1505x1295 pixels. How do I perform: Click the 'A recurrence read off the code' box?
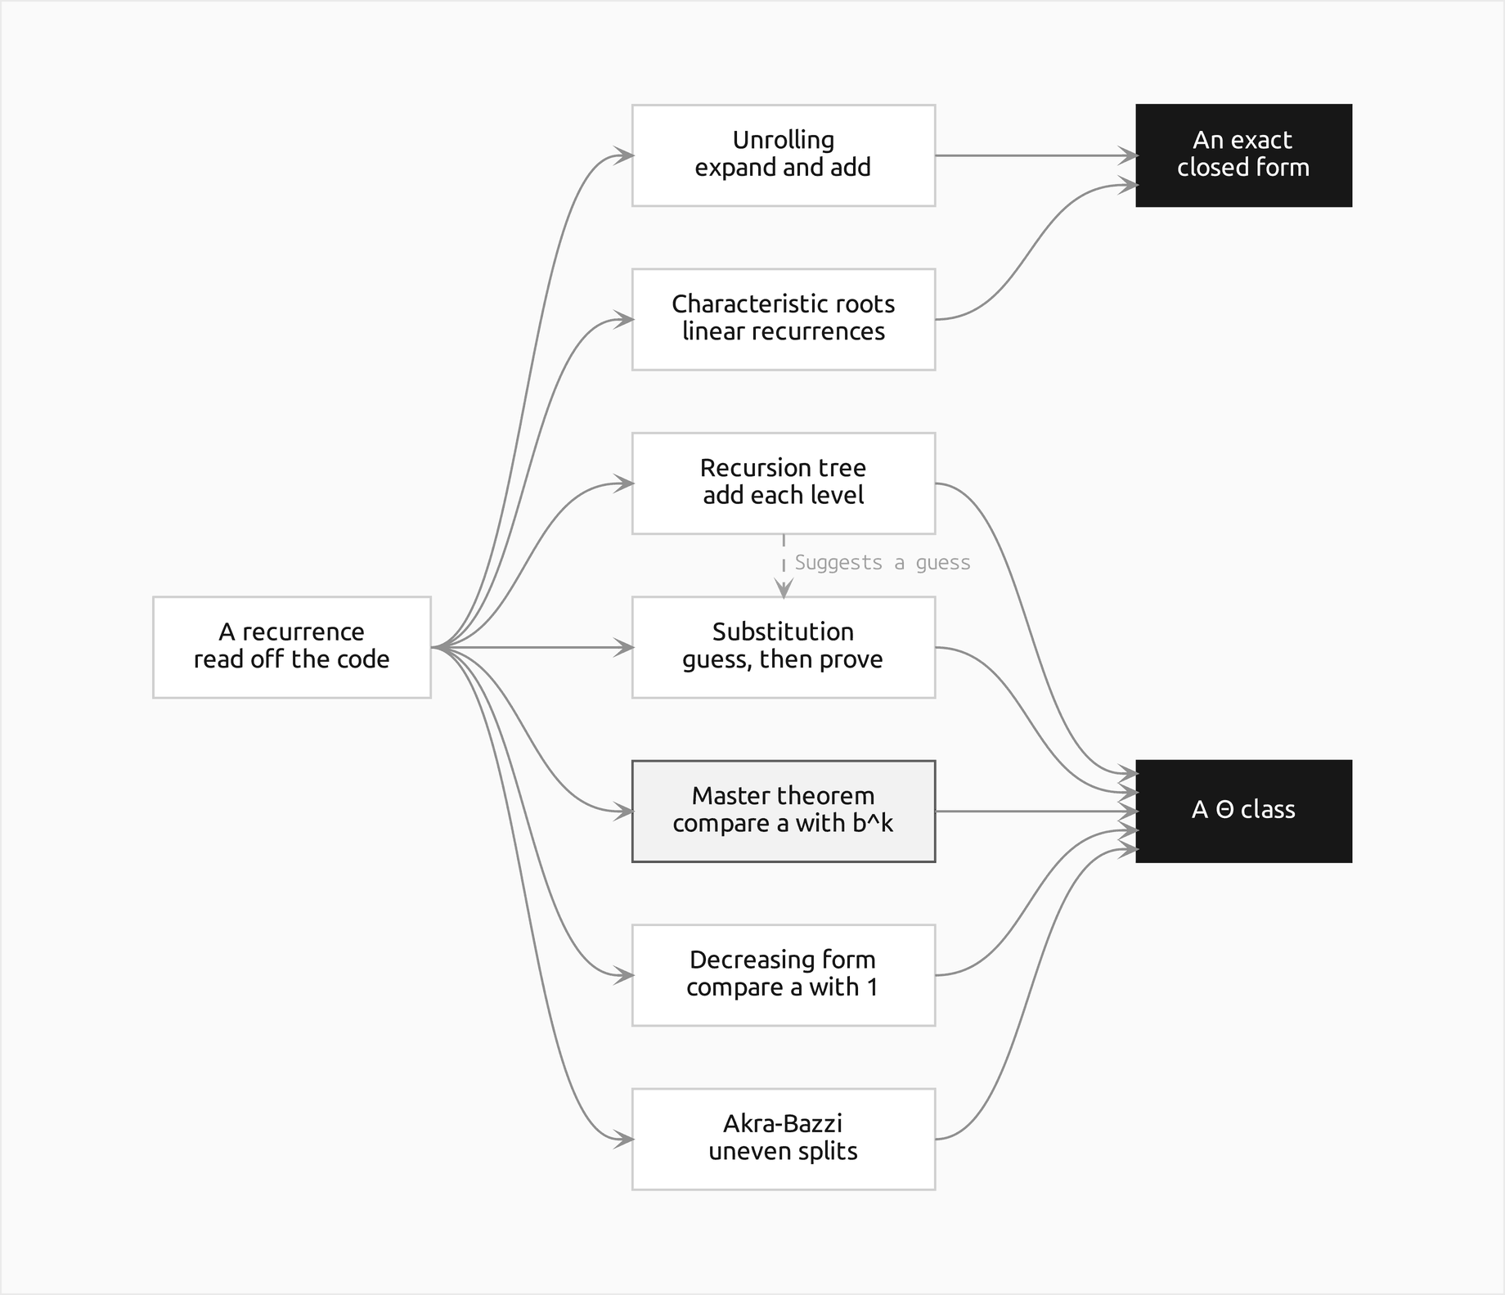tap(291, 647)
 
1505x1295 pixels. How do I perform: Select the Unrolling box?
tap(784, 155)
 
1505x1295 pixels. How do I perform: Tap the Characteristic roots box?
tap(784, 319)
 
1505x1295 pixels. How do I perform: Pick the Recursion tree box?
tap(784, 483)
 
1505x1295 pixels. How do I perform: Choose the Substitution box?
tap(784, 647)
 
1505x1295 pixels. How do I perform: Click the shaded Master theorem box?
tap(784, 812)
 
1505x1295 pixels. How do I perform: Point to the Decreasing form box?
tap(784, 975)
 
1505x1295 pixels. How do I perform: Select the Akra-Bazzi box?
tap(784, 1139)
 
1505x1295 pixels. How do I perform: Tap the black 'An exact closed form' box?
tap(1243, 155)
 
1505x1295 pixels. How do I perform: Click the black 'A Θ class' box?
tap(1243, 812)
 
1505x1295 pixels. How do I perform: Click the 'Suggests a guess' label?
tap(883, 563)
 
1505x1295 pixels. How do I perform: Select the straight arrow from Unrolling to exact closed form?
tap(1036, 155)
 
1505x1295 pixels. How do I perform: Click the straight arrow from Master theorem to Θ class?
tap(1036, 812)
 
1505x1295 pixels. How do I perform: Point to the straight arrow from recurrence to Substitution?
tap(532, 647)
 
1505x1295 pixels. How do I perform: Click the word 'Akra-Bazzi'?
tap(783, 1123)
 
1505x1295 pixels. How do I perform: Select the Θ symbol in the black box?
tap(1224, 810)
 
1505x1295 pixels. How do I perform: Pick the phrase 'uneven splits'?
tap(783, 1151)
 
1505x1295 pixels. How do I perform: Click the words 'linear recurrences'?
tap(784, 331)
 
